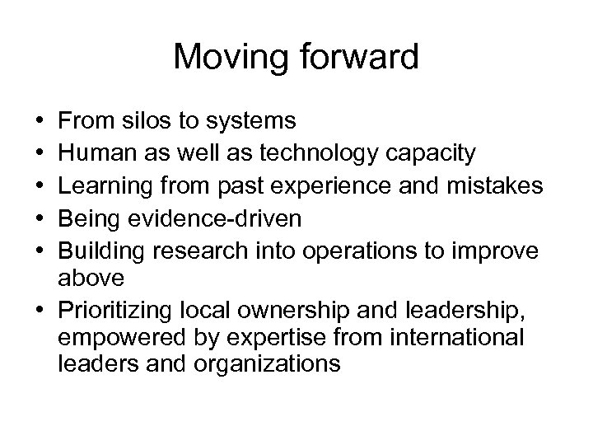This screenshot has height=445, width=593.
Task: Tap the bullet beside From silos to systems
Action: (40, 122)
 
